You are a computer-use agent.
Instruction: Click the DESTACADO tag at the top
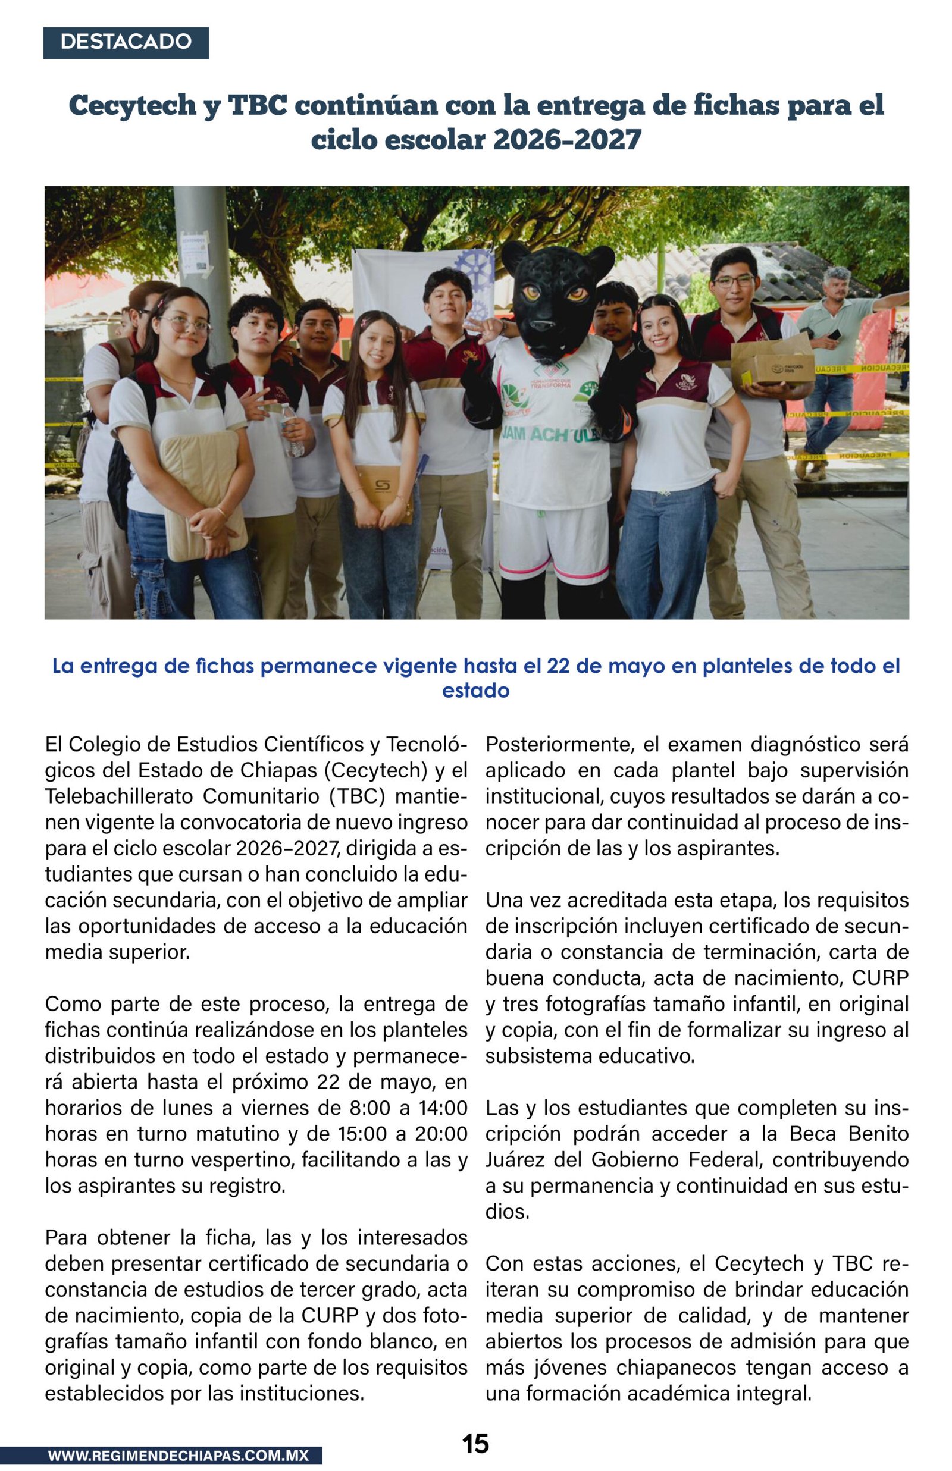click(126, 43)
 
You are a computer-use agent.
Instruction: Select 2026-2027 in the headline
click(567, 140)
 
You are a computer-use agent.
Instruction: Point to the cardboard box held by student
click(773, 363)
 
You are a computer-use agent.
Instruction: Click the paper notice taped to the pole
click(193, 252)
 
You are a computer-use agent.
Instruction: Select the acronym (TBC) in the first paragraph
click(350, 796)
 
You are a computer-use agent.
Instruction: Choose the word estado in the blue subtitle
click(475, 690)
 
